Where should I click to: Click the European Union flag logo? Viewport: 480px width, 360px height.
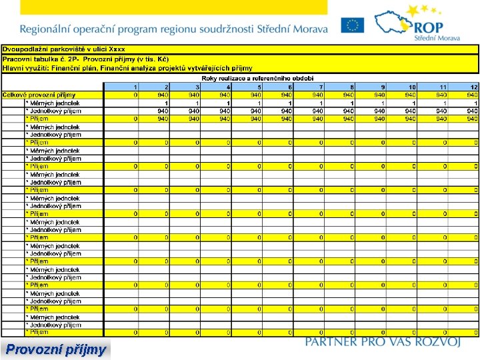click(x=352, y=25)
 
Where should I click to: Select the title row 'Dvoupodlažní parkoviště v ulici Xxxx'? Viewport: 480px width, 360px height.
click(x=63, y=49)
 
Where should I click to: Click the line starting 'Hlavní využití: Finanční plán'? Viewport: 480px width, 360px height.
click(x=127, y=67)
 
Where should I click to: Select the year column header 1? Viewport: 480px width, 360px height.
click(x=135, y=87)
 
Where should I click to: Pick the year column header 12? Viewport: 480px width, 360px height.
click(x=473, y=87)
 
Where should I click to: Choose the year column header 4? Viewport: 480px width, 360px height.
click(x=228, y=87)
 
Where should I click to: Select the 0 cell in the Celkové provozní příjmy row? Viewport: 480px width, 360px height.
click(x=135, y=95)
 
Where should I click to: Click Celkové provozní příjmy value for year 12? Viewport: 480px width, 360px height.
click(x=471, y=95)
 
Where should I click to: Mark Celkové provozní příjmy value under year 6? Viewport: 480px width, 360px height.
click(x=286, y=95)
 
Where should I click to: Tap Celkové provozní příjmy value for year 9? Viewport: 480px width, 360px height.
click(x=379, y=95)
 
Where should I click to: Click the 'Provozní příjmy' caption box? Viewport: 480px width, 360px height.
click(x=55, y=349)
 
